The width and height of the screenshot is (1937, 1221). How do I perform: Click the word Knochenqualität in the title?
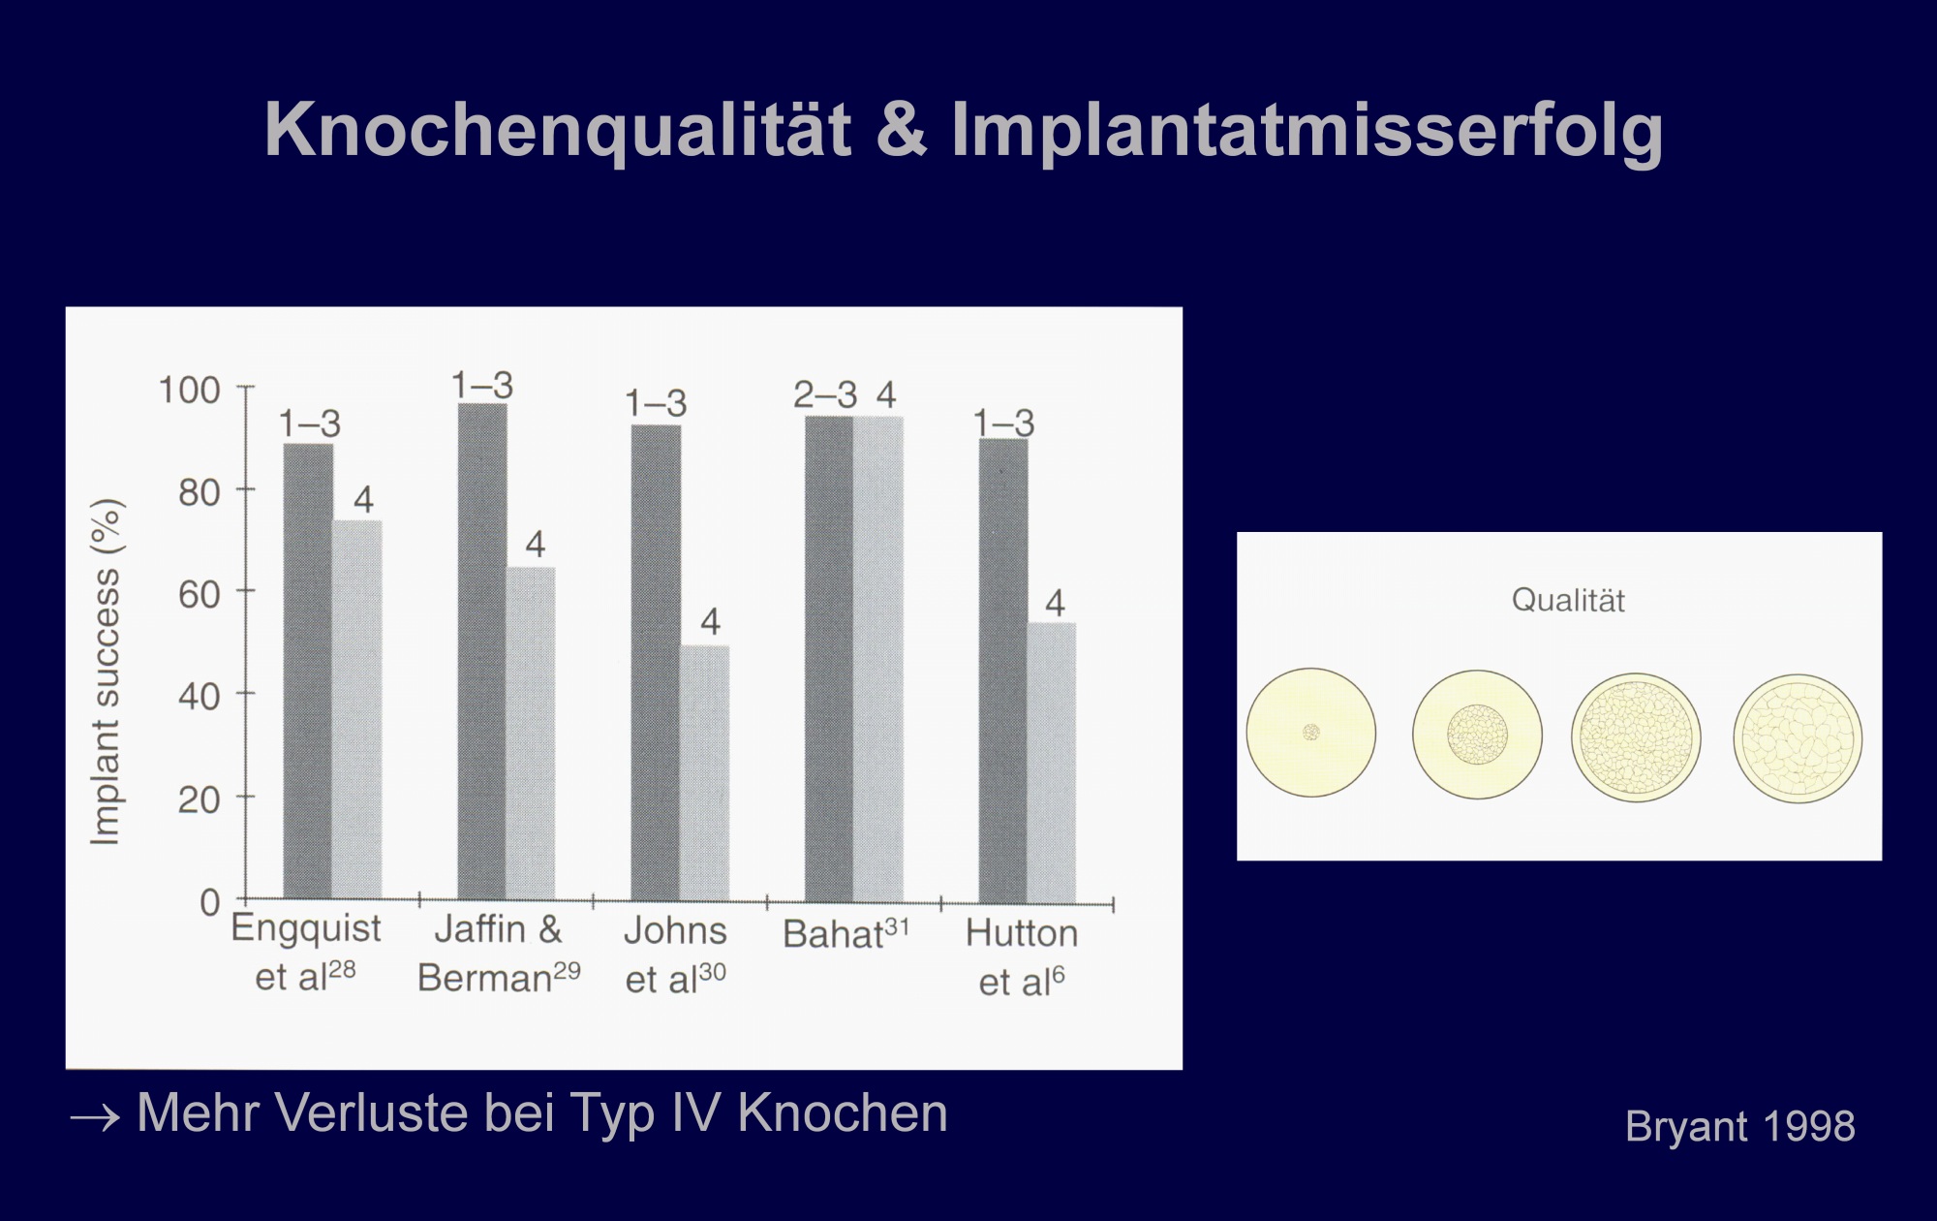558,131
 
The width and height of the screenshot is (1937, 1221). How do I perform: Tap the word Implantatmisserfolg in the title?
1307,131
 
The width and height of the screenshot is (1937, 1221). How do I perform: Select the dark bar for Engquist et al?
308,671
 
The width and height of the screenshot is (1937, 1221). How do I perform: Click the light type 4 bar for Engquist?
357,709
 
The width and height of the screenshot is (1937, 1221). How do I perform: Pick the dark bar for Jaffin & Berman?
482,650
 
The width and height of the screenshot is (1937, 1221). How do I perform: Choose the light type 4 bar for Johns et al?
705,772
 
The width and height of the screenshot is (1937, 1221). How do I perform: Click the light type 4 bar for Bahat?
878,659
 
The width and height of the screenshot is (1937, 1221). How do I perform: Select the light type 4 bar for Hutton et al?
1052,763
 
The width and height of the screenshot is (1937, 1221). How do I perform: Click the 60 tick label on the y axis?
200,594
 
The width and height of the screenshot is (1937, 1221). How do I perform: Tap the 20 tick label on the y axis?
200,799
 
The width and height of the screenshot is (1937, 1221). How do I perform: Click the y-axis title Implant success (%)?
106,672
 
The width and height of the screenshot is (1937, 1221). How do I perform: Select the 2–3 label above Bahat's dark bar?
825,394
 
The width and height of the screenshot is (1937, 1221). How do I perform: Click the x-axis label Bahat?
846,933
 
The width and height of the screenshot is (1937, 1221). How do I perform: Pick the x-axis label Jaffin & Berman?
499,954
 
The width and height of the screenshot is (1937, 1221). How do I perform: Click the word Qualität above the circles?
1568,601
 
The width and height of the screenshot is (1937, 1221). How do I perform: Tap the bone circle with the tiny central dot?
1311,733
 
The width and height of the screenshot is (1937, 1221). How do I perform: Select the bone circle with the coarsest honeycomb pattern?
1798,738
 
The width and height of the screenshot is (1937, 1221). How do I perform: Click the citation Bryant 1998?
1740,1126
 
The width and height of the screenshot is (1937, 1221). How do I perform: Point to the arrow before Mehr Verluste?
95,1118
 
